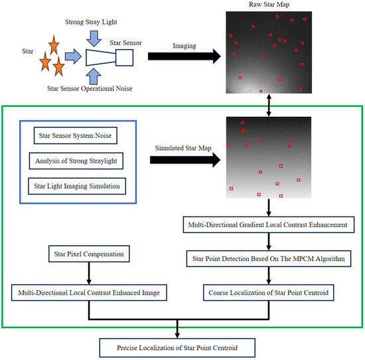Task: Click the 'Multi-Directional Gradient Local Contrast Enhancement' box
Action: [269, 225]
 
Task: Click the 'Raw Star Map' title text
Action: [267, 5]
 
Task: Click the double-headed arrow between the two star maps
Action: [268, 105]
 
